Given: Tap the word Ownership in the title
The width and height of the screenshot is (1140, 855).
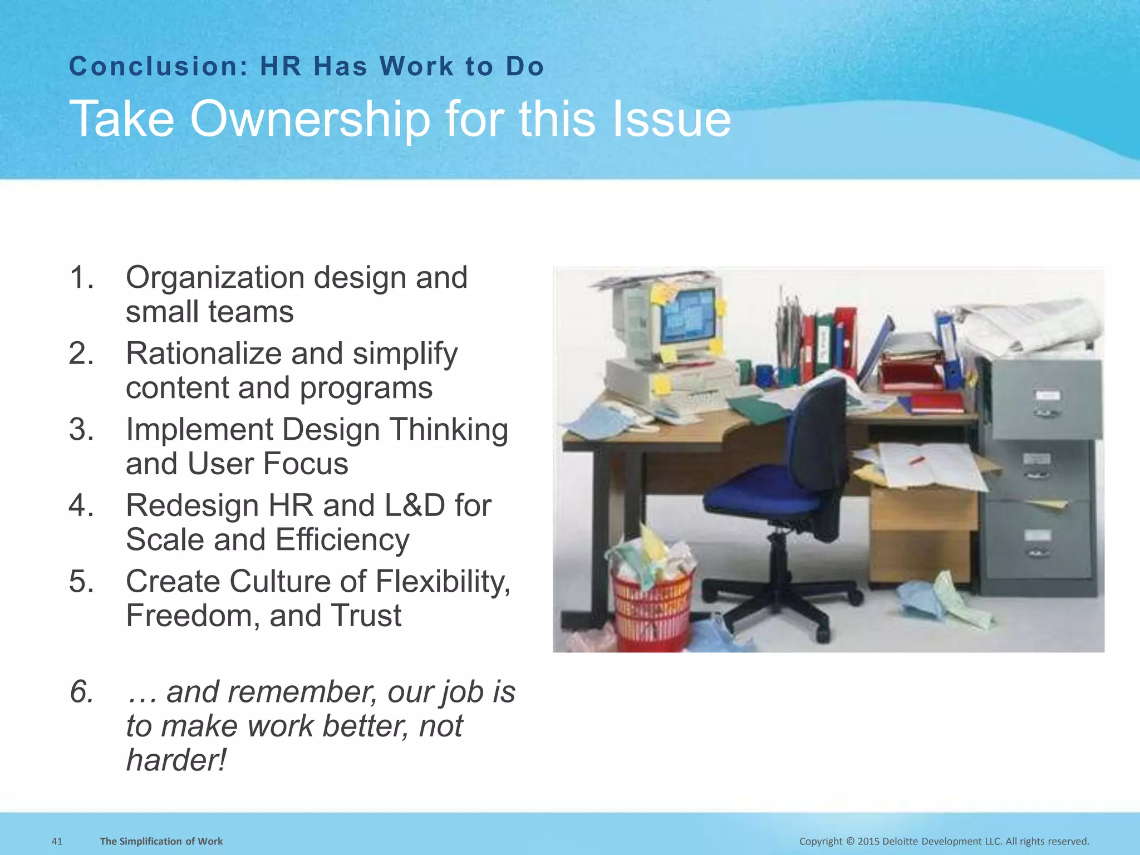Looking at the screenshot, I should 309,119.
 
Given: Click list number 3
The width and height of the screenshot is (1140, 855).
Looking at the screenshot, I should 81,430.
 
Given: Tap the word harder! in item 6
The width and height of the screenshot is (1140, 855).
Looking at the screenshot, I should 176,760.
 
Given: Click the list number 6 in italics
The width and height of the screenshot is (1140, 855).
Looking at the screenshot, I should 81,692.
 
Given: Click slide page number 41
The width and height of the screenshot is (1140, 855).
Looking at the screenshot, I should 57,841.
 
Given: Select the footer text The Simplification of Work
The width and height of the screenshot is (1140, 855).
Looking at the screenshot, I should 161,841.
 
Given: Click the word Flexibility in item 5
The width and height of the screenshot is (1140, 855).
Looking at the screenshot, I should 442,582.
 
